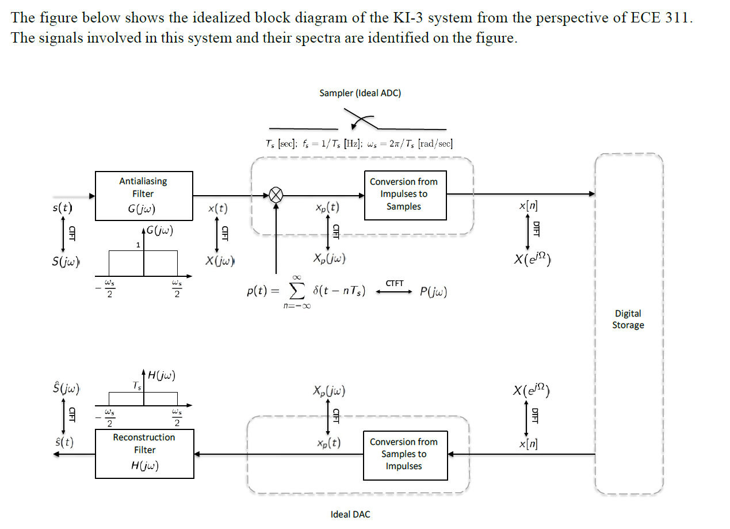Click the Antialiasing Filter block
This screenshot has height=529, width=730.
click(x=144, y=195)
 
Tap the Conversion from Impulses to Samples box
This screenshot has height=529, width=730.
click(x=405, y=195)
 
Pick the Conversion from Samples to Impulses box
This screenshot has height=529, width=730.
click(x=405, y=455)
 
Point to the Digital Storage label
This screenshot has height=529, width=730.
click(x=628, y=319)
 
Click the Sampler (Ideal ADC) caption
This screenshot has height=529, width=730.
click(x=360, y=93)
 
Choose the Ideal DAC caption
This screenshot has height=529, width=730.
click(x=350, y=514)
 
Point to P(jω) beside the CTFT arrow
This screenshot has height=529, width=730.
click(x=433, y=292)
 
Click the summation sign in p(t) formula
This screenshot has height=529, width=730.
click(x=297, y=292)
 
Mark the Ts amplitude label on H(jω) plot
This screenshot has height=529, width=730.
click(x=137, y=386)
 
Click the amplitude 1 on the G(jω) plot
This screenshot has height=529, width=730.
click(x=138, y=245)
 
